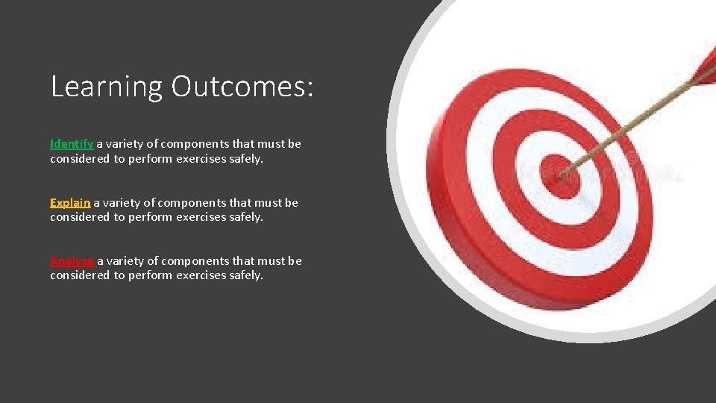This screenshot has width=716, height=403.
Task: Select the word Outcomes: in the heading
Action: [x=242, y=87]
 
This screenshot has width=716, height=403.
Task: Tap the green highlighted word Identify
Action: [x=72, y=143]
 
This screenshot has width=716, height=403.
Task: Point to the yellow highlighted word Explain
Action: [x=70, y=202]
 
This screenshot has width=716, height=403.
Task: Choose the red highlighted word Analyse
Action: [x=72, y=260]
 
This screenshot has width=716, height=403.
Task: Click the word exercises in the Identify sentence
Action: [x=201, y=159]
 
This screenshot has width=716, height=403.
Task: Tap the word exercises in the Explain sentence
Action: [x=201, y=217]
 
